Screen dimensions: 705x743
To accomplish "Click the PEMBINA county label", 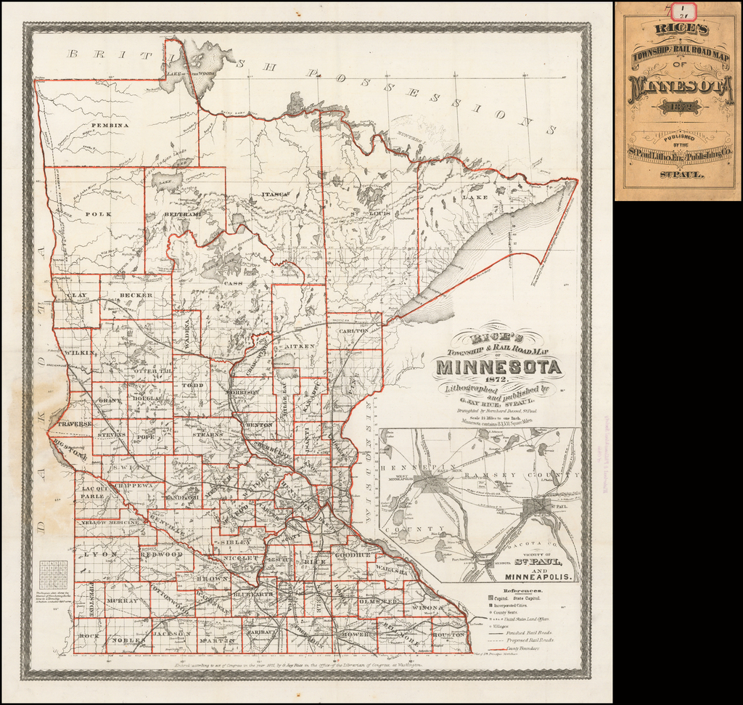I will pyautogui.click(x=110, y=126).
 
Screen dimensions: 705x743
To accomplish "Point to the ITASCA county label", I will pyautogui.click(x=276, y=195).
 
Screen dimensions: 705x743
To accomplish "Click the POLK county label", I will pyautogui.click(x=97, y=214).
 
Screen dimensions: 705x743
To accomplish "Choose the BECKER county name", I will pyautogui.click(x=136, y=296).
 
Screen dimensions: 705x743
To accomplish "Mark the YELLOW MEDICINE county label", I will pyautogui.click(x=110, y=522).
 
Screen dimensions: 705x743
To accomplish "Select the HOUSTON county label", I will pyautogui.click(x=448, y=634).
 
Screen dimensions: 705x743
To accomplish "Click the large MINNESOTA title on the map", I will pyautogui.click(x=498, y=367).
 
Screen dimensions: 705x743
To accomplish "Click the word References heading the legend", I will pyautogui.click(x=521, y=591).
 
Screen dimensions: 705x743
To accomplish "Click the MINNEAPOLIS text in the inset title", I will pyautogui.click(x=535, y=576).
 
